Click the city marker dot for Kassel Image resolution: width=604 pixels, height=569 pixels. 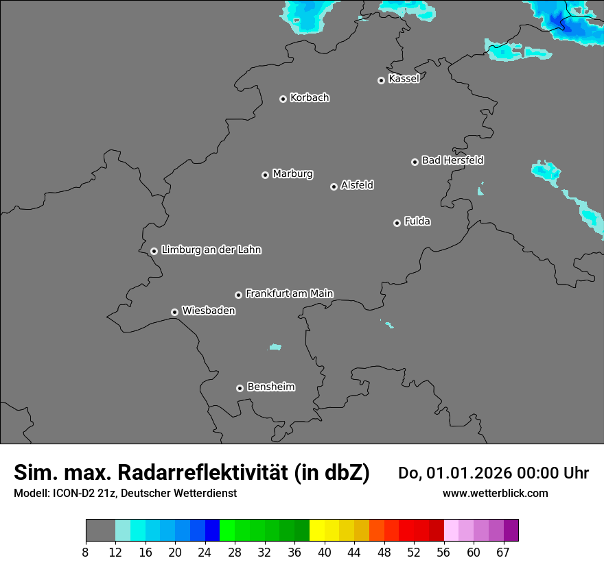pos(381,80)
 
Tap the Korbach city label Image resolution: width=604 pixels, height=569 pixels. pos(310,98)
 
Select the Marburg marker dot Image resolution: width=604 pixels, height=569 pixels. pos(265,175)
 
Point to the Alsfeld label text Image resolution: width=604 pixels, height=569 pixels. pos(357,185)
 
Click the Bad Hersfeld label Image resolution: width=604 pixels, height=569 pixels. pos(452,160)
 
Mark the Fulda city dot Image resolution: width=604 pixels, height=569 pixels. pos(397,223)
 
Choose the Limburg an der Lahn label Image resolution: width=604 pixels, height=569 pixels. pos(211,250)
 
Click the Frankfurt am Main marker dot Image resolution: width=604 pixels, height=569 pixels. pos(238,295)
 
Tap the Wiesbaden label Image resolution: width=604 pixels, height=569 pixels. pos(208,311)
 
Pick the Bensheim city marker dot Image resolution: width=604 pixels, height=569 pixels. pos(240,388)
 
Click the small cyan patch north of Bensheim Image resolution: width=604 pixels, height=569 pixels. pos(275,347)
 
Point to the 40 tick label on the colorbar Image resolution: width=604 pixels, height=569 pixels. pos(325,553)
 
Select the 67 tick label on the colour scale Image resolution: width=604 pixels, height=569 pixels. pos(503,553)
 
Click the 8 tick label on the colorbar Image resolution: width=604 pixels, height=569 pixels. pos(86,553)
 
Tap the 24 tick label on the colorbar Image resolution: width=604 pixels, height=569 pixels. pos(205,553)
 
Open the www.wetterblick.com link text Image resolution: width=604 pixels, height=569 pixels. pos(495,493)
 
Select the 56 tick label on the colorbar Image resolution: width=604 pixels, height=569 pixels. pos(443,553)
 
